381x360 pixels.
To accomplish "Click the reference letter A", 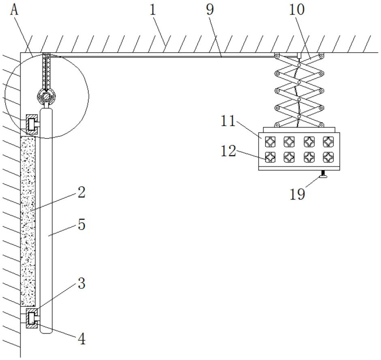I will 15,9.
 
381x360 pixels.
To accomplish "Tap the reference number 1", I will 152,9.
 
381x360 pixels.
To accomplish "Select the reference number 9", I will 210,9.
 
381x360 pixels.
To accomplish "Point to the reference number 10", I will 296,9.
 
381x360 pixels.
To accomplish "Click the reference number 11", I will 228,121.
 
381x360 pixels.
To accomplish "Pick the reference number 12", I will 228,151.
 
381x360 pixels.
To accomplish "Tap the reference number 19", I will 297,194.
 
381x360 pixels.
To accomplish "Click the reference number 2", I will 81,192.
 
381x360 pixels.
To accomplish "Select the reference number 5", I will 81,224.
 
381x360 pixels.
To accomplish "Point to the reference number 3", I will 81,283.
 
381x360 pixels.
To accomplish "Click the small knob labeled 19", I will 323,175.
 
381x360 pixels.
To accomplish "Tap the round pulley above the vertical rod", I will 46,96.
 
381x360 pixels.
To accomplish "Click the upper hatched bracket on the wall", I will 31,124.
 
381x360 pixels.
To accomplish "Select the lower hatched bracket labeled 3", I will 30,317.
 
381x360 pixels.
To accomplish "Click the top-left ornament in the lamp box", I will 270,142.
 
